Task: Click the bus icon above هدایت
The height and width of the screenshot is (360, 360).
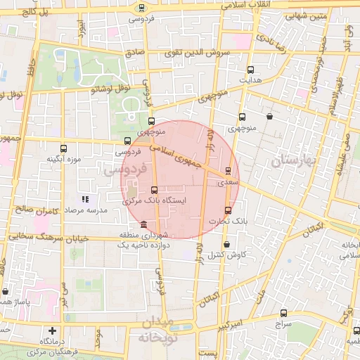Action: pyautogui.click(x=251, y=70)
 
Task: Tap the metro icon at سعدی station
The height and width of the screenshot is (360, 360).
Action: pyautogui.click(x=229, y=170)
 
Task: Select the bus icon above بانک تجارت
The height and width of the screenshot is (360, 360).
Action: pyautogui.click(x=228, y=210)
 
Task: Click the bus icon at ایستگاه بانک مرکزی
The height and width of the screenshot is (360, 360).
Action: pyautogui.click(x=154, y=190)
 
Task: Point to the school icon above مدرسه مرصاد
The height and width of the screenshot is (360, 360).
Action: pyautogui.click(x=86, y=199)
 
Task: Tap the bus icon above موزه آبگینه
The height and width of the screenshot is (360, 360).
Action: pyautogui.click(x=64, y=148)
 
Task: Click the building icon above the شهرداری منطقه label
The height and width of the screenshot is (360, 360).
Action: pyautogui.click(x=144, y=224)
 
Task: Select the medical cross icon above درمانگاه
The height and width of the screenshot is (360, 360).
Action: pyautogui.click(x=52, y=330)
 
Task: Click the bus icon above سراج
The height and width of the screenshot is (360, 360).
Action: pyautogui.click(x=283, y=314)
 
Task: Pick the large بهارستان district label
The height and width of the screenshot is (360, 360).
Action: pyautogui.click(x=295, y=161)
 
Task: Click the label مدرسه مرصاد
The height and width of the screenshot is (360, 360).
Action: pyautogui.click(x=86, y=210)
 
